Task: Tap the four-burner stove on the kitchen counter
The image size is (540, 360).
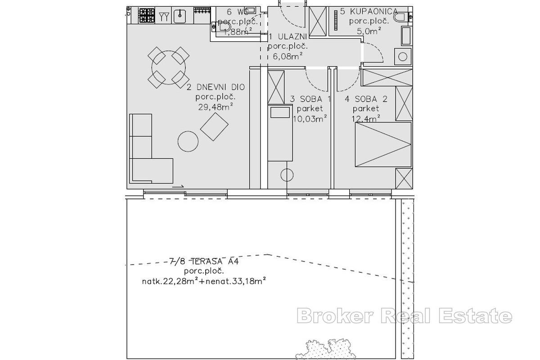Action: [x=146, y=16]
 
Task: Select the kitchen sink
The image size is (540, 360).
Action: [x=180, y=16]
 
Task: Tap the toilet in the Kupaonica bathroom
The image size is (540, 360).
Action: [x=401, y=17]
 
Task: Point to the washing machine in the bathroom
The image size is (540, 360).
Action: [x=403, y=56]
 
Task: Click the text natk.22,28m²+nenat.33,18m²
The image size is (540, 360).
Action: [x=203, y=281]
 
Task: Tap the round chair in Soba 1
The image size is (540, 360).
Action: [x=287, y=175]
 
